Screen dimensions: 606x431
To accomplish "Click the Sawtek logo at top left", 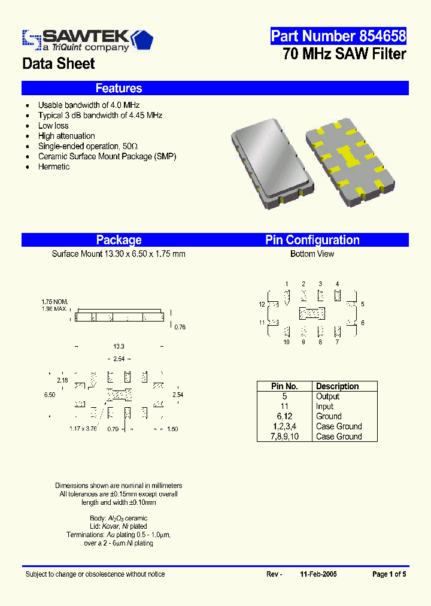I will coord(87,40).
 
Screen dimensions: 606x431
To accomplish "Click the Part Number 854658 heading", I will coord(338,36).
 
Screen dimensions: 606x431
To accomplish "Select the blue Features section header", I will coord(119,89).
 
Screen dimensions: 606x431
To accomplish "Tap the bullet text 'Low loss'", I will coord(53,126).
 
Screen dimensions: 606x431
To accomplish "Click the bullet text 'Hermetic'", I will coord(54,166).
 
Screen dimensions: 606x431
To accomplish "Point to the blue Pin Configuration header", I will coord(312,240).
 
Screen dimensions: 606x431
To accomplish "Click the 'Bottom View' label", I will coord(312,254).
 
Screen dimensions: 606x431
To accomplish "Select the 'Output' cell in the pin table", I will coord(327,396).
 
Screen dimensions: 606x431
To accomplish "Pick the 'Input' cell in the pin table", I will coord(324,407).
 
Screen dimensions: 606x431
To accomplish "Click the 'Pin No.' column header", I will coord(284,386).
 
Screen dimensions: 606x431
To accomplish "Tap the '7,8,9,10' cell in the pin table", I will coord(284,437).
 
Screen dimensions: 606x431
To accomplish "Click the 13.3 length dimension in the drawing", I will coord(119,347).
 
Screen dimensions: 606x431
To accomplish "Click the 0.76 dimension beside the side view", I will coord(179,327).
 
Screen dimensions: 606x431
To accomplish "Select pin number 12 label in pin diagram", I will coord(262,304).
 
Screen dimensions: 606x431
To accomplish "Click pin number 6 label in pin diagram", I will coord(363,322).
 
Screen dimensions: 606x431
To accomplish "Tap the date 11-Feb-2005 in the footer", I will coord(318,574).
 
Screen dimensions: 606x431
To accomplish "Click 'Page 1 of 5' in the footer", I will coord(389,574).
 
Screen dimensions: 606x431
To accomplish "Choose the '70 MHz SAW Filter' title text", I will coord(344,54).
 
